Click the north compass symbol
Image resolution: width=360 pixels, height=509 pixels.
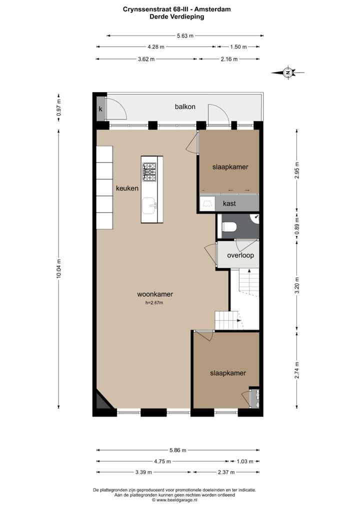click(288, 73)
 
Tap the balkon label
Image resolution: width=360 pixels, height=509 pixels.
click(184, 106)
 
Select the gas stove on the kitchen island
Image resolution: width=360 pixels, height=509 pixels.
click(149, 171)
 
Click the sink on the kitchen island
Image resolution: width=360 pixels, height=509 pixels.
click(149, 205)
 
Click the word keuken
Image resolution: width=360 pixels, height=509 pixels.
click(127, 188)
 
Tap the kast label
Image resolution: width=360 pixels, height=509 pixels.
click(229, 203)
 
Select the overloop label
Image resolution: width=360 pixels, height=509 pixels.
click(240, 255)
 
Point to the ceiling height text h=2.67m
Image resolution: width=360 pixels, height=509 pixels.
click(154, 303)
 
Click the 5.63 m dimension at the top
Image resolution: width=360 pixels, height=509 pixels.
click(184, 35)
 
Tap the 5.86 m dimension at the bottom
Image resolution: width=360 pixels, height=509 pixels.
click(177, 449)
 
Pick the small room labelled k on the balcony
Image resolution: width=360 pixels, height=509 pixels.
click(100, 109)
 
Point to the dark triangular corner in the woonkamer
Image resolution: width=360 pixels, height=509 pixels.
click(102, 402)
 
